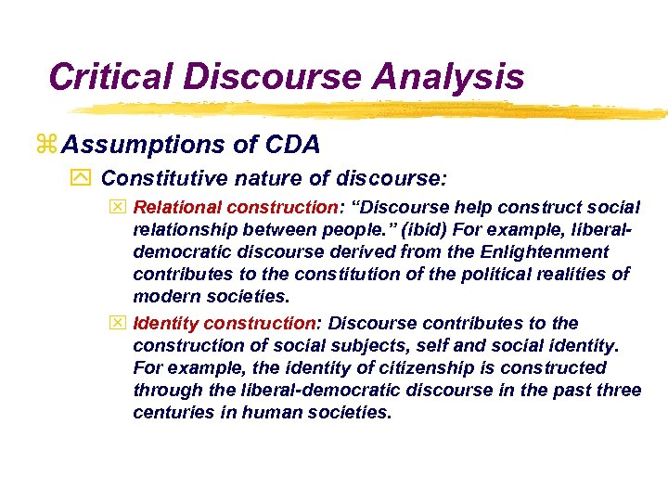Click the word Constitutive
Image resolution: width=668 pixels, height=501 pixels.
coord(160,177)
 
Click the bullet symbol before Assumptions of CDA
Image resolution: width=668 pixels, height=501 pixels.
coord(48,146)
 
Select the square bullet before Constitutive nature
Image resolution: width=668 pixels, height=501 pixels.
coord(84,178)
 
